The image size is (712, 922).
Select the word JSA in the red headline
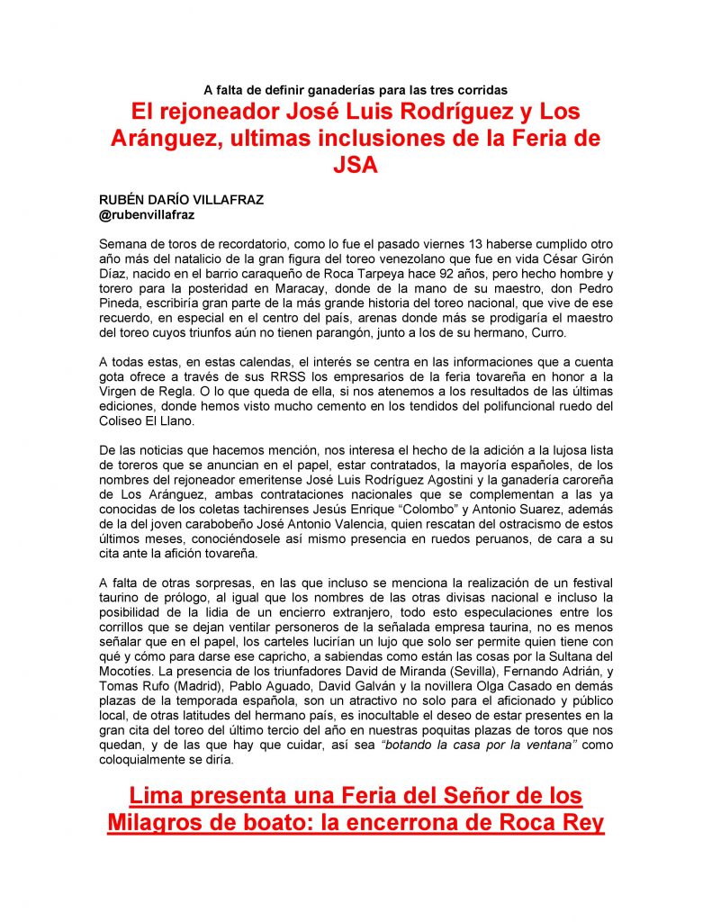pos(356,167)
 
